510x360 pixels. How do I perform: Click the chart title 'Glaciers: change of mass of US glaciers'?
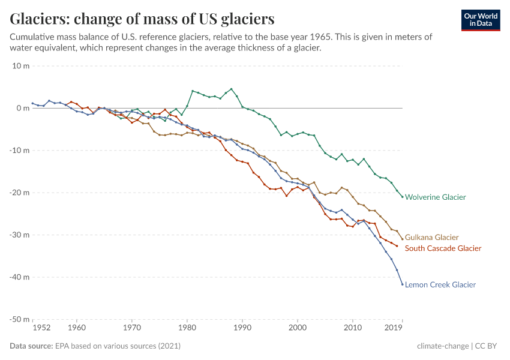pos(142,19)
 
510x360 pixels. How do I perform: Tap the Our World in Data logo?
pos(480,20)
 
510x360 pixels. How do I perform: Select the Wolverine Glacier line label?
pos(435,197)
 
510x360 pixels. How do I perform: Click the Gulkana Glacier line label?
pos(431,238)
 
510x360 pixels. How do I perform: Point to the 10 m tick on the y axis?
pos(21,65)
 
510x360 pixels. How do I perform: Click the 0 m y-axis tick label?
pos(23,108)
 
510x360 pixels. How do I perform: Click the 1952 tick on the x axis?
pos(41,328)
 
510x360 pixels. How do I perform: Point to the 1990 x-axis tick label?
pos(242,328)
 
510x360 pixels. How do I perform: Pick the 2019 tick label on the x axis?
pos(393,328)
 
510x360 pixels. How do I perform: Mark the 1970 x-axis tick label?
pos(132,328)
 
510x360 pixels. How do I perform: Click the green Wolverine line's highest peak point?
pos(232,89)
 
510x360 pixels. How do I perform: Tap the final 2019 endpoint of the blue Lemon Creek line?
pos(402,284)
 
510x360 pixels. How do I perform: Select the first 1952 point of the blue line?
pos(32,103)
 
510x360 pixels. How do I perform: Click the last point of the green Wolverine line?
pos(402,197)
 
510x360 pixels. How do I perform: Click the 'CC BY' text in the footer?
pos(488,346)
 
